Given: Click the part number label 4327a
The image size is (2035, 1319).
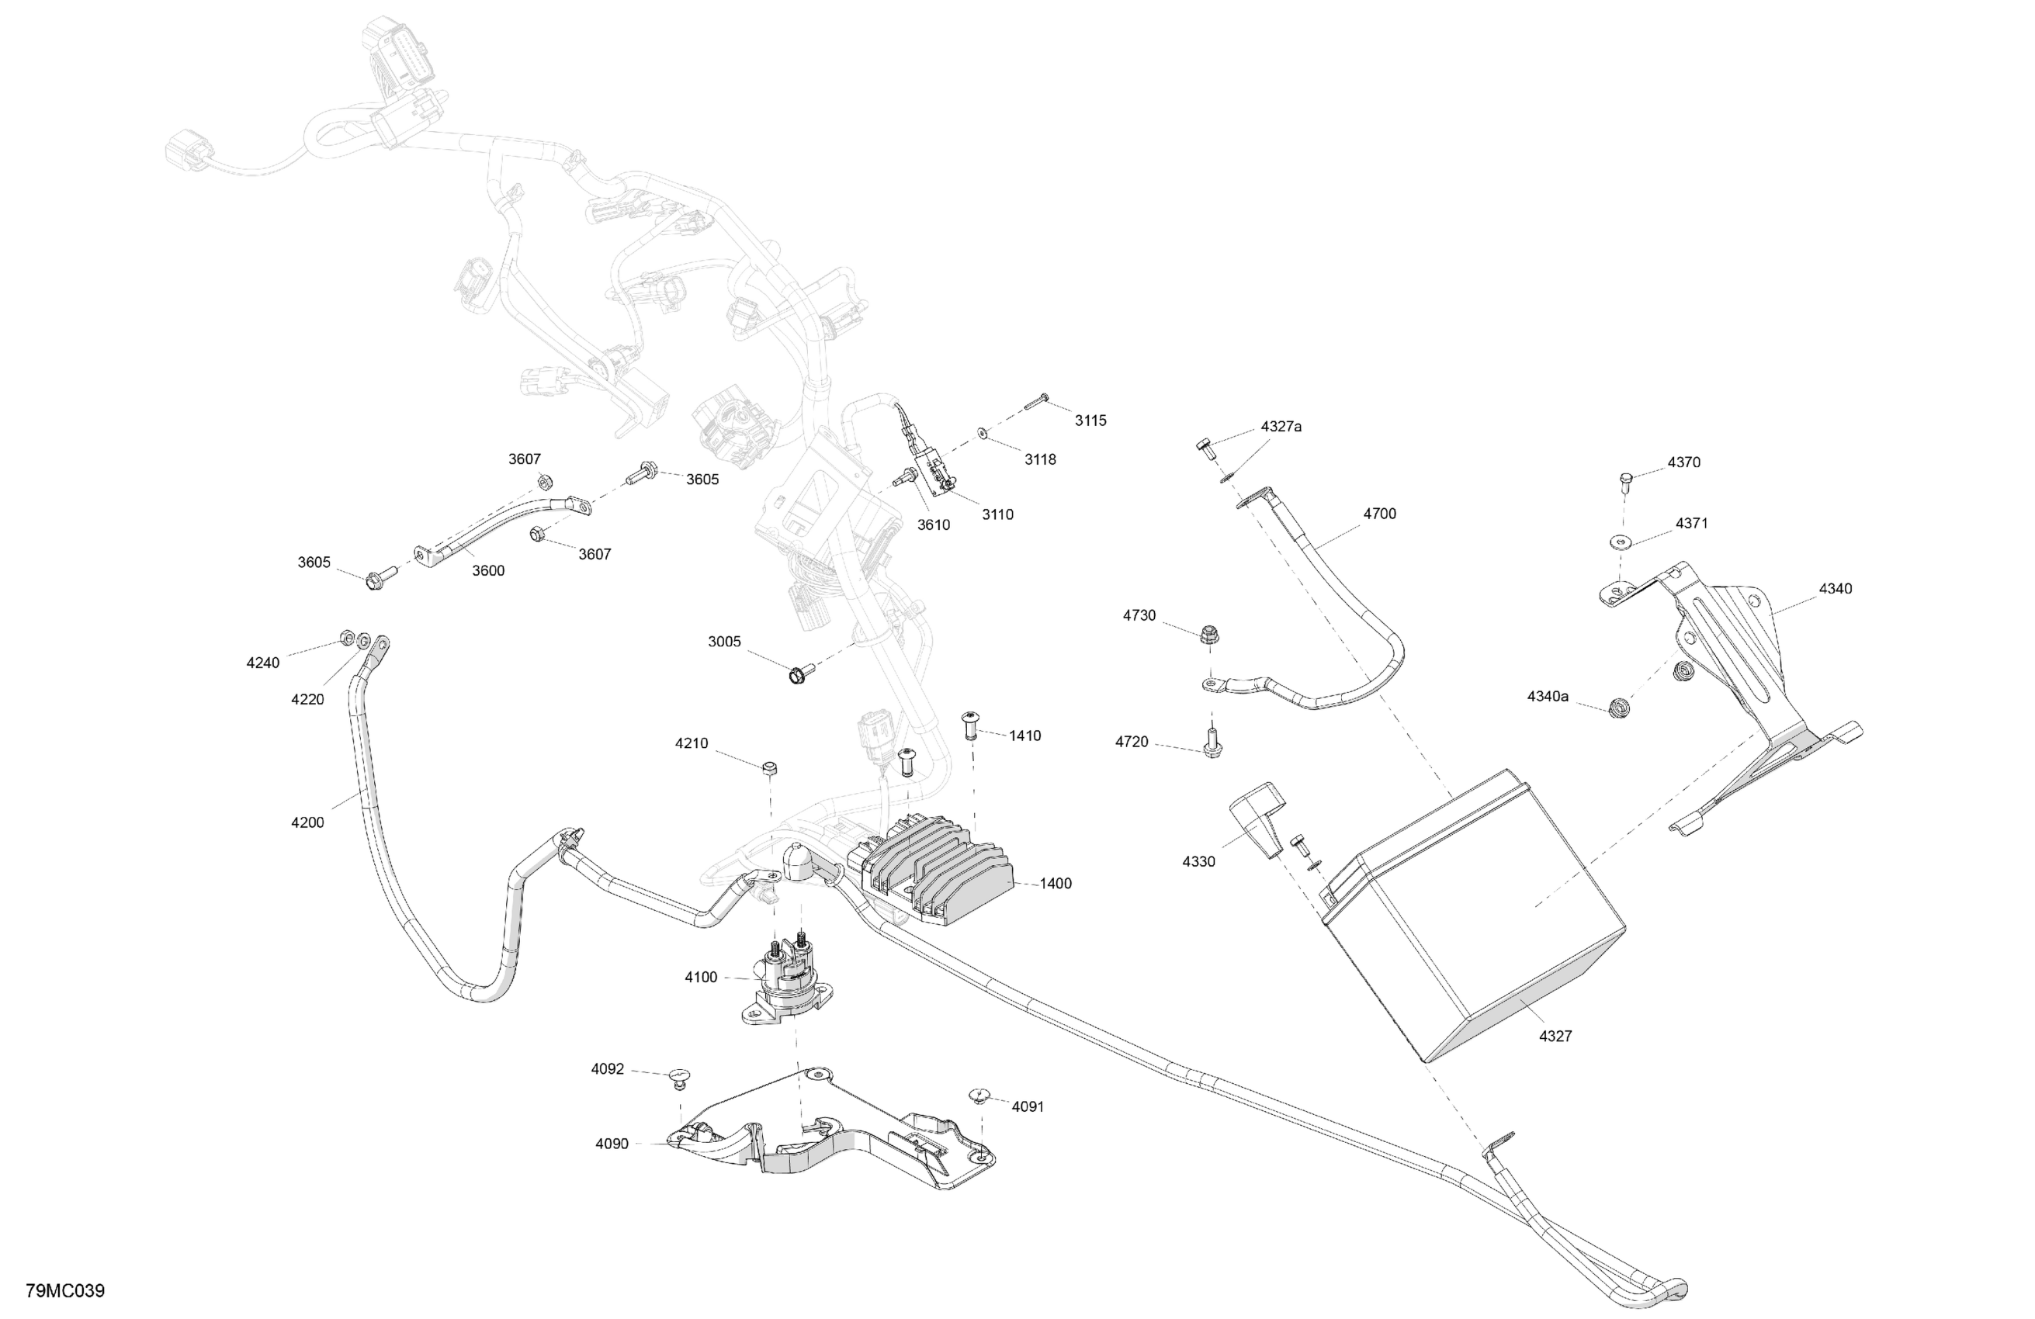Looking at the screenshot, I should [1280, 427].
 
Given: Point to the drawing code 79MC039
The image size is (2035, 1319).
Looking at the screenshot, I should [65, 1291].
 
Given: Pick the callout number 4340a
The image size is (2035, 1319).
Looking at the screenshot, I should [1548, 697].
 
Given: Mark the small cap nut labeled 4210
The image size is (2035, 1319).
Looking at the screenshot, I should [768, 767].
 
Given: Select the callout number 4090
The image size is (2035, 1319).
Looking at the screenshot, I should [612, 1144].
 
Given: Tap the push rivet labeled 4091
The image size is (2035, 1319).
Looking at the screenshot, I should [979, 1095].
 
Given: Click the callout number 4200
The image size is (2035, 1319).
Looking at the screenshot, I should [307, 822].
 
